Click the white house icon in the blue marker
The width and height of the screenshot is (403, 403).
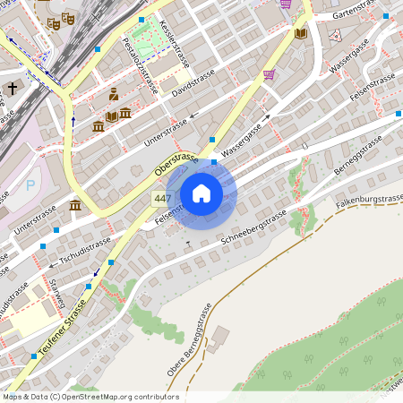click(201, 193)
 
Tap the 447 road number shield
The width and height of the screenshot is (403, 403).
click(162, 199)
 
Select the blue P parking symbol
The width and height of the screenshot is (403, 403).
click(30, 185)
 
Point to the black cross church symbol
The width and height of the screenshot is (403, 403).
click(13, 88)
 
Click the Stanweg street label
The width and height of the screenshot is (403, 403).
click(56, 295)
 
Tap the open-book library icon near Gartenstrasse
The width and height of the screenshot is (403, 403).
click(301, 33)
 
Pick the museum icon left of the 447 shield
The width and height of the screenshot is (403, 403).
click(75, 207)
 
